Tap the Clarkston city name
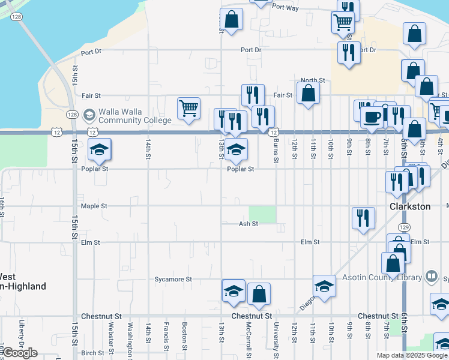[411, 206]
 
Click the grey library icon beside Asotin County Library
[430, 277]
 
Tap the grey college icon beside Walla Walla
[89, 114]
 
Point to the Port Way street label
[285, 8]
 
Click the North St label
[313, 80]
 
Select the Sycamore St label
[173, 280]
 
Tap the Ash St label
[248, 224]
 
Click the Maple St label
[94, 206]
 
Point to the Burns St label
[276, 151]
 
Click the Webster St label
[111, 337]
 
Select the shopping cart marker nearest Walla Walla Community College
[188, 109]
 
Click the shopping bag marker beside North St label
[308, 94]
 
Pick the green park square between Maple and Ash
[262, 214]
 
